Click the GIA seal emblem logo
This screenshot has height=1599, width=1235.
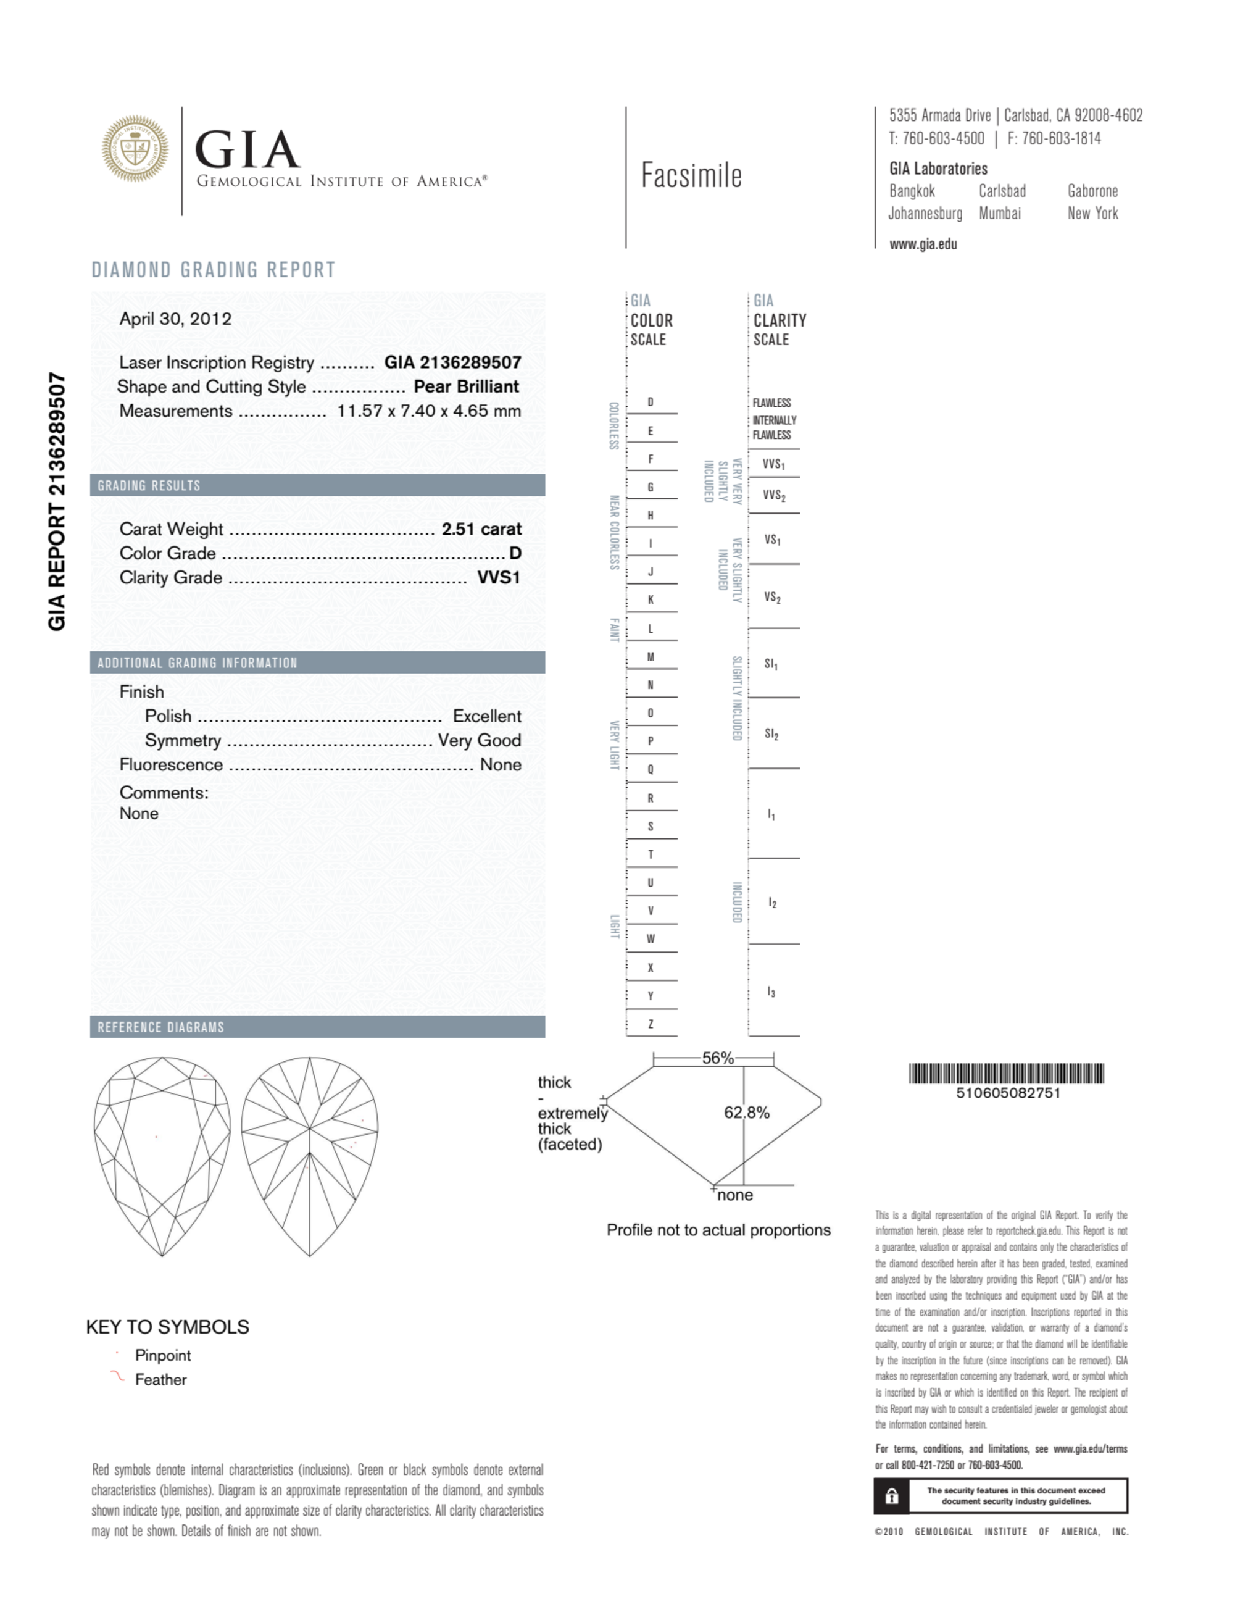point(135,148)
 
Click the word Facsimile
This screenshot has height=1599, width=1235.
point(691,176)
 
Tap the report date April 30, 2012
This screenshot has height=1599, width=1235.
point(176,319)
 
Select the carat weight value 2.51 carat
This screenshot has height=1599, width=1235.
point(481,529)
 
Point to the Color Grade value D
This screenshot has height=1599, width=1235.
point(515,554)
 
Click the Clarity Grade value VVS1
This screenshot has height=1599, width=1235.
point(499,578)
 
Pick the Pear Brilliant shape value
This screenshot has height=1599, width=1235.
point(467,386)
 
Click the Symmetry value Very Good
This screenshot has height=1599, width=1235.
point(480,740)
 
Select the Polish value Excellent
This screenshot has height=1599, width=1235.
point(487,716)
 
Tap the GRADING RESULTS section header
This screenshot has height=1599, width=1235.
point(149,485)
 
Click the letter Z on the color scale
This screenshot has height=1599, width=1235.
point(650,1024)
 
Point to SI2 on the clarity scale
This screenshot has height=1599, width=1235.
point(771,733)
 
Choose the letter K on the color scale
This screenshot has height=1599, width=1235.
point(650,599)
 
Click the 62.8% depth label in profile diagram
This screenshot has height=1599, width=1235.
point(747,1113)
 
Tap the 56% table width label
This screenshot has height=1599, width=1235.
point(717,1058)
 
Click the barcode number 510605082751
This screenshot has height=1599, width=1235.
point(1007,1093)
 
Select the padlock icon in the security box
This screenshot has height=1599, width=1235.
point(892,1496)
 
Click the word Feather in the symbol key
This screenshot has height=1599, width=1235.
point(161,1379)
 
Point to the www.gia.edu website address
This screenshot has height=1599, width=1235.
point(923,244)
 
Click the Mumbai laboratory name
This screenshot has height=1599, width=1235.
point(999,214)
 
